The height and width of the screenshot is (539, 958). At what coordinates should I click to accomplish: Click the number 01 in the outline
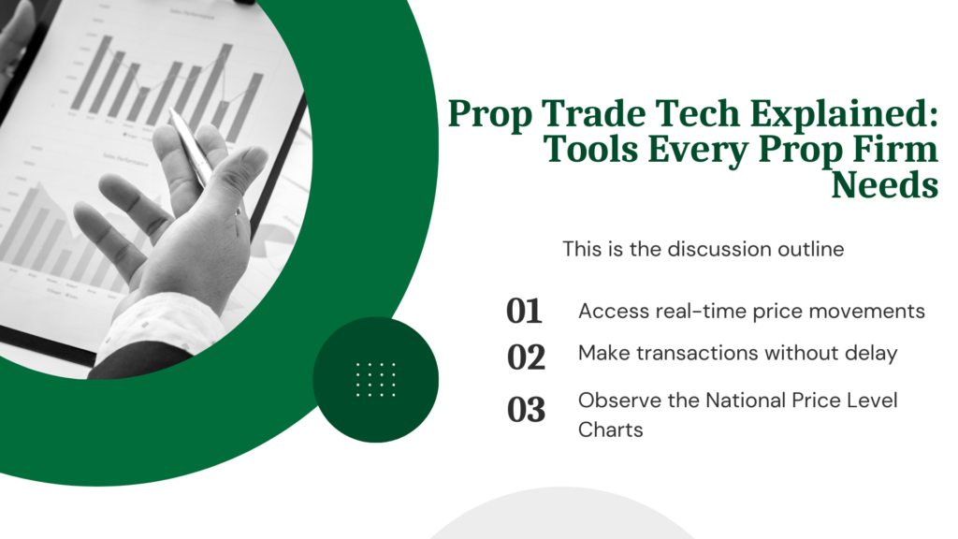click(x=524, y=312)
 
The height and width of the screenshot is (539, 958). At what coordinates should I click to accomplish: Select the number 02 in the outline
click(x=526, y=356)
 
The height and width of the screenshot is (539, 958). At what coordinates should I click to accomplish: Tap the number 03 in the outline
click(x=526, y=410)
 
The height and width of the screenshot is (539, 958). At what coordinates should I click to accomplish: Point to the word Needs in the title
click(x=885, y=184)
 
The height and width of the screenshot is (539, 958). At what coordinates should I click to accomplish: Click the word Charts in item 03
click(x=610, y=430)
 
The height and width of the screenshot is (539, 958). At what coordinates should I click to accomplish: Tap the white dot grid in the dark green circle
click(x=376, y=379)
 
